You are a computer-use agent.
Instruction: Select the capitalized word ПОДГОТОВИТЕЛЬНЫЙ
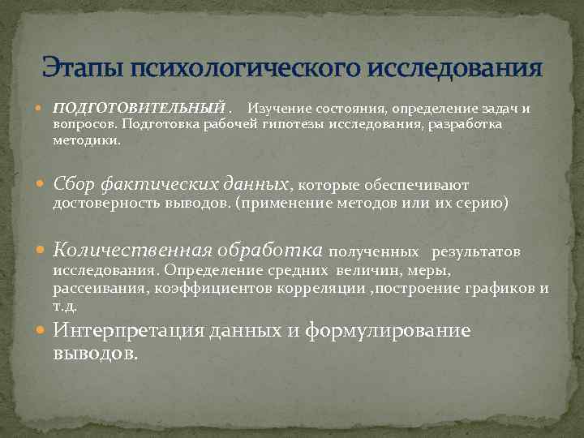click(138, 108)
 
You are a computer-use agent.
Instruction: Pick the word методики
click(85, 140)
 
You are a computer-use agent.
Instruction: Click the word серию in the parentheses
click(483, 204)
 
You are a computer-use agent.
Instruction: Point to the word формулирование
click(388, 331)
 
